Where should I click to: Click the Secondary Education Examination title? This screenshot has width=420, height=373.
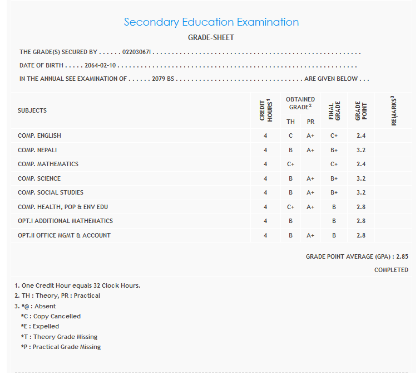(x=211, y=22)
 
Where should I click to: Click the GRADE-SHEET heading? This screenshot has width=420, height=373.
(x=211, y=38)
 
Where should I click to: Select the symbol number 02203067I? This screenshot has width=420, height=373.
(x=137, y=52)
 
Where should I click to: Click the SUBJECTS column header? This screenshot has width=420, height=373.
(x=32, y=110)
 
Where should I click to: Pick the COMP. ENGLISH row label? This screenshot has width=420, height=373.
(x=39, y=135)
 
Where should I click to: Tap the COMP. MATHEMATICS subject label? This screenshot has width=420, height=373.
(x=48, y=164)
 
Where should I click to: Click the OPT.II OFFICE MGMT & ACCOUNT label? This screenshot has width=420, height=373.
(x=64, y=235)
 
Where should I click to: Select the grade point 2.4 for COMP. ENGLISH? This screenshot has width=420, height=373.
(x=360, y=135)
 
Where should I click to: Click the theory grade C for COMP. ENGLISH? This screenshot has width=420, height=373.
(x=290, y=135)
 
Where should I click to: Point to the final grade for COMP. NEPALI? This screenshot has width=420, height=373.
(x=334, y=150)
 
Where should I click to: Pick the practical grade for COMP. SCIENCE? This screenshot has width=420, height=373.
(x=310, y=178)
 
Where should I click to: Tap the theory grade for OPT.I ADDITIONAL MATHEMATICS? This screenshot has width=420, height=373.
(x=290, y=221)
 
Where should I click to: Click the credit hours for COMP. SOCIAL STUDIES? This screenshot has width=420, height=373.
(x=265, y=192)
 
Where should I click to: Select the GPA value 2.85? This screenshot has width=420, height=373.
(x=402, y=256)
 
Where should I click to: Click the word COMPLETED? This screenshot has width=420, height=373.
(x=391, y=270)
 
